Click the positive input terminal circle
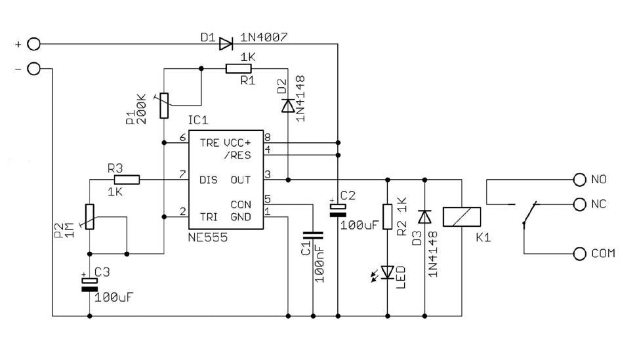pyautogui.click(x=33, y=44)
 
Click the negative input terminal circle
pyautogui.click(x=33, y=69)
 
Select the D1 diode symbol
pyautogui.click(x=226, y=44)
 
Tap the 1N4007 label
pyautogui.click(x=264, y=37)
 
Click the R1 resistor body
pyautogui.click(x=239, y=69)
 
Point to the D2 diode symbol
pyautogui.click(x=288, y=106)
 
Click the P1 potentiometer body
pyautogui.click(x=164, y=106)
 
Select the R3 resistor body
pyautogui.click(x=127, y=180)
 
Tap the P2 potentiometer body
pyautogui.click(x=89, y=217)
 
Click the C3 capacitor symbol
pyautogui.click(x=89, y=285)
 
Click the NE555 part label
pyautogui.click(x=207, y=237)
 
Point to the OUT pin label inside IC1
pyautogui.click(x=241, y=180)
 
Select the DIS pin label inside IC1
pyautogui.click(x=209, y=180)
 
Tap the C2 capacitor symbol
pyautogui.click(x=338, y=210)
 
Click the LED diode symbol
pyautogui.click(x=388, y=272)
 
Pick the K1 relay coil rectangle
pyautogui.click(x=462, y=217)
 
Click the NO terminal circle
pyautogui.click(x=580, y=180)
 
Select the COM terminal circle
pyautogui.click(x=580, y=254)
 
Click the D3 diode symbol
pyautogui.click(x=424, y=217)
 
